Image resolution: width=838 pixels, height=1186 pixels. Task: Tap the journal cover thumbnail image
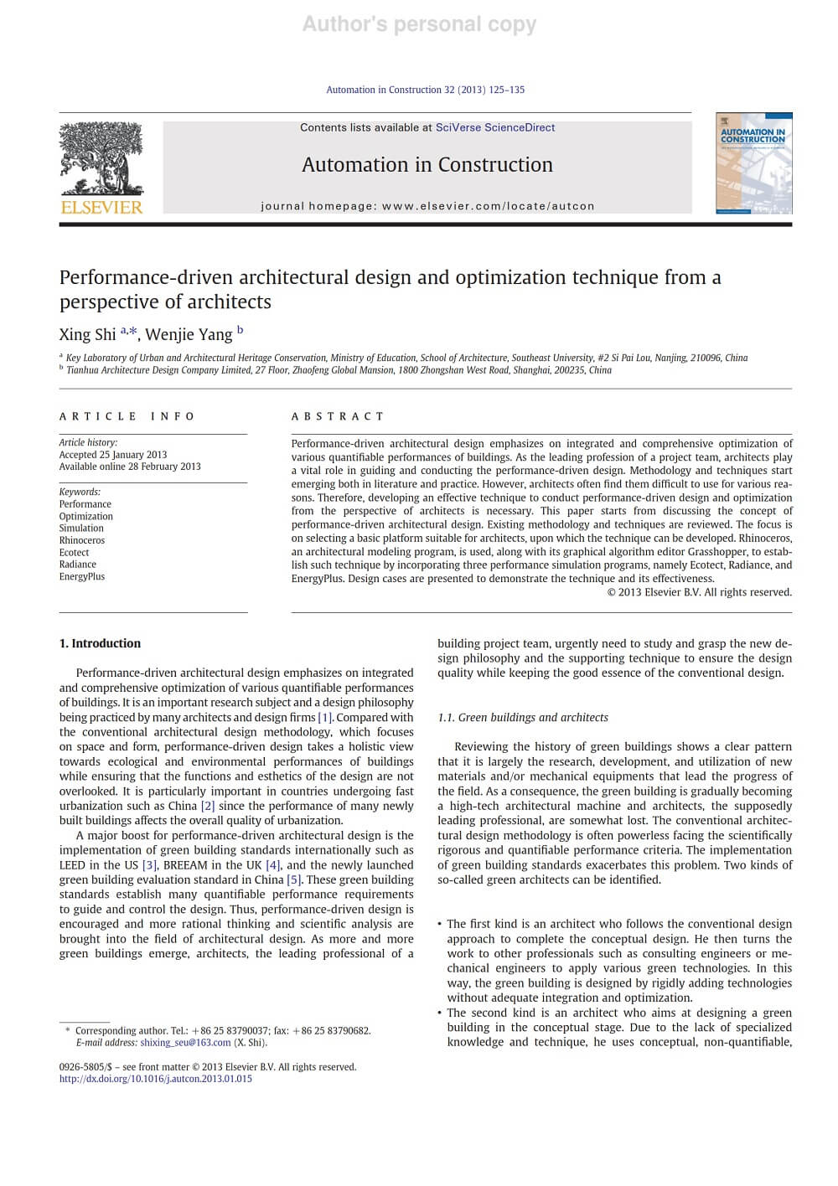(x=753, y=163)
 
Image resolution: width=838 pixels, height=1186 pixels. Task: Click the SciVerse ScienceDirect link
(x=494, y=127)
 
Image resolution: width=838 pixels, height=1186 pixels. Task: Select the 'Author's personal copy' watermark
(x=419, y=24)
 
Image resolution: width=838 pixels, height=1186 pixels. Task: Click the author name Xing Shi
(x=87, y=334)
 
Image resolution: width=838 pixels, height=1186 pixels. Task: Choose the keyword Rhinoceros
(x=82, y=540)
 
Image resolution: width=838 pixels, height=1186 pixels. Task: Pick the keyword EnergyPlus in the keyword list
(x=82, y=576)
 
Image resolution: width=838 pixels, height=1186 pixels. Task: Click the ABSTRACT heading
(x=338, y=416)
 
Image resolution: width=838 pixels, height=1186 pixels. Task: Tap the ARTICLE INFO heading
(x=127, y=416)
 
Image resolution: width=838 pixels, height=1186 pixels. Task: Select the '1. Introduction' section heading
(x=100, y=643)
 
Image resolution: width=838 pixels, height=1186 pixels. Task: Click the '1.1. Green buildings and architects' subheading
(x=523, y=717)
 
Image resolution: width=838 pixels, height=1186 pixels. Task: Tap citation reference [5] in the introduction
(x=294, y=879)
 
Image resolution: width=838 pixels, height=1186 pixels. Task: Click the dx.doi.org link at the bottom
(x=155, y=1079)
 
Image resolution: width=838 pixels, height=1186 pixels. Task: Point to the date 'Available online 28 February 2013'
(x=130, y=467)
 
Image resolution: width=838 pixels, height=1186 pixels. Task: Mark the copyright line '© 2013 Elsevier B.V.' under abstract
(x=699, y=592)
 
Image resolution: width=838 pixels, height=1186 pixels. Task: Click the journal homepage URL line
(x=427, y=206)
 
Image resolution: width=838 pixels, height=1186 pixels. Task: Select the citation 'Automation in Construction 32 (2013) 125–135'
(x=425, y=90)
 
